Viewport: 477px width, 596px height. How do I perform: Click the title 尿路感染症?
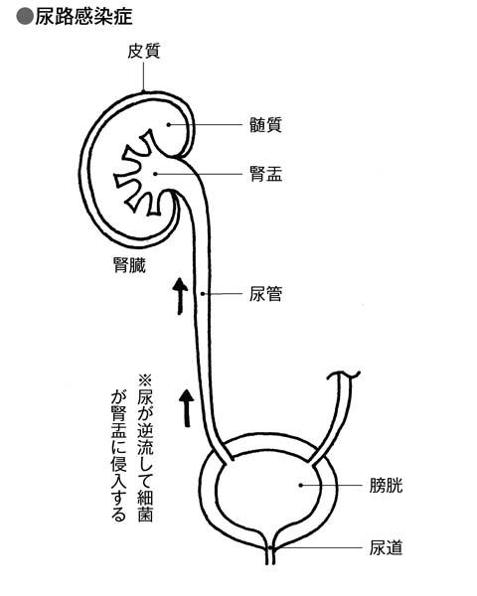pos(83,16)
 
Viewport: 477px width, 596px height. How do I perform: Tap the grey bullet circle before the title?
pos(25,17)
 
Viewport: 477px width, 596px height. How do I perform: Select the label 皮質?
pos(144,52)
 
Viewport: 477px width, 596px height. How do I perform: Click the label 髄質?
pos(265,125)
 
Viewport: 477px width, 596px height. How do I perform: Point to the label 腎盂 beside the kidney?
pos(265,174)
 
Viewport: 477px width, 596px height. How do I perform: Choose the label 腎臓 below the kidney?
pos(130,265)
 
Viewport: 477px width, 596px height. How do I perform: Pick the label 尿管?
pos(265,294)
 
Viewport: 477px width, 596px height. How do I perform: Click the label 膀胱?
pos(386,486)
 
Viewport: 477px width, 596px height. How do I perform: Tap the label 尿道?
pos(386,547)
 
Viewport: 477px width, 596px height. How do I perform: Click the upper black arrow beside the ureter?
pos(180,296)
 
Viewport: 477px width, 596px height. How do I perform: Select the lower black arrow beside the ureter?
pos(187,408)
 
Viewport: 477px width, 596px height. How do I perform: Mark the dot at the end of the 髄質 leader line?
pos(169,124)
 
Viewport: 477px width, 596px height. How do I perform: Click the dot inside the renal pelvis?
pos(155,174)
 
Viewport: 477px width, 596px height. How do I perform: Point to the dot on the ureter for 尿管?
pos(203,294)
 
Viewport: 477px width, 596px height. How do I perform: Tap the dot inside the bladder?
pos(301,485)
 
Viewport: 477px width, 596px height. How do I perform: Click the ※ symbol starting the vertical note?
pos(145,380)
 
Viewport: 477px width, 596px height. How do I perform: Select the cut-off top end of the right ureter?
pos(344,375)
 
